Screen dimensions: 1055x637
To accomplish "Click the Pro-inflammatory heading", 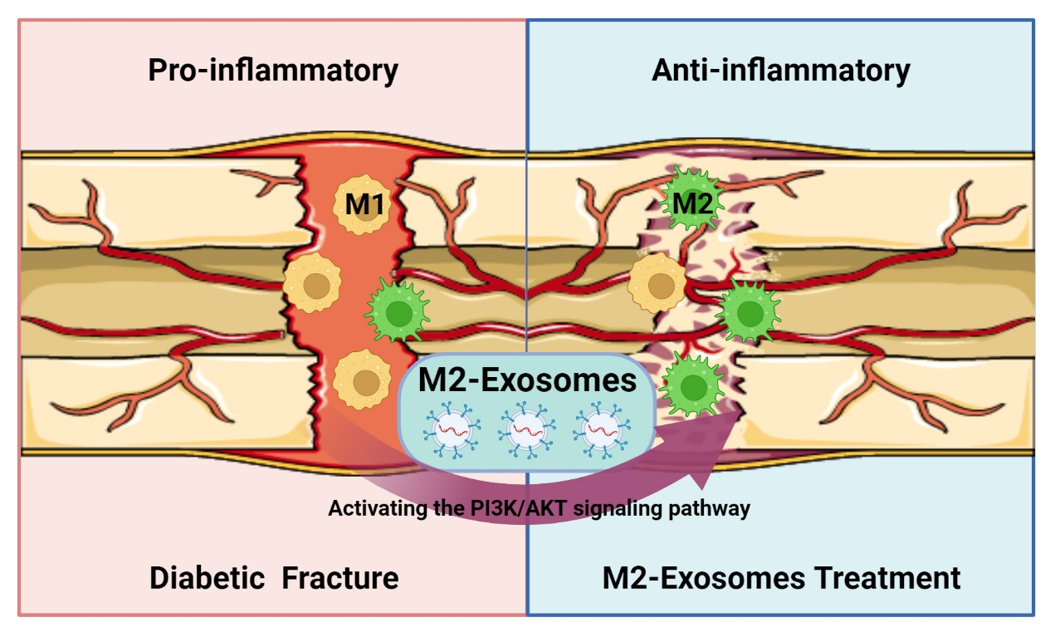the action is [273, 71].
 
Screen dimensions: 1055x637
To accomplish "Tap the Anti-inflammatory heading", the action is [781, 71].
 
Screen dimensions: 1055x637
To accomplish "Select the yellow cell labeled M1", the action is [363, 204].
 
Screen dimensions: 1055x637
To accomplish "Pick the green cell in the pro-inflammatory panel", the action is [398, 311].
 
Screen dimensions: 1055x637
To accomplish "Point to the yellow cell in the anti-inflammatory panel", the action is [658, 282].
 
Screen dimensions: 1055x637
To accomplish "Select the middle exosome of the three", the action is [528, 429].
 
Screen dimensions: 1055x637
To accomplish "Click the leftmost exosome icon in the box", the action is [452, 429].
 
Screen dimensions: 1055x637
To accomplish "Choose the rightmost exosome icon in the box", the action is [602, 429].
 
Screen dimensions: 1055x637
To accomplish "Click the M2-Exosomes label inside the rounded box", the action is [528, 380].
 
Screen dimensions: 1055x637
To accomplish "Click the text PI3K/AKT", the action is [520, 508].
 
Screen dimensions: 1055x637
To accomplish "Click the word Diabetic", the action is [208, 578].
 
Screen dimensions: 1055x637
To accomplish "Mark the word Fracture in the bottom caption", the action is [340, 578].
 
